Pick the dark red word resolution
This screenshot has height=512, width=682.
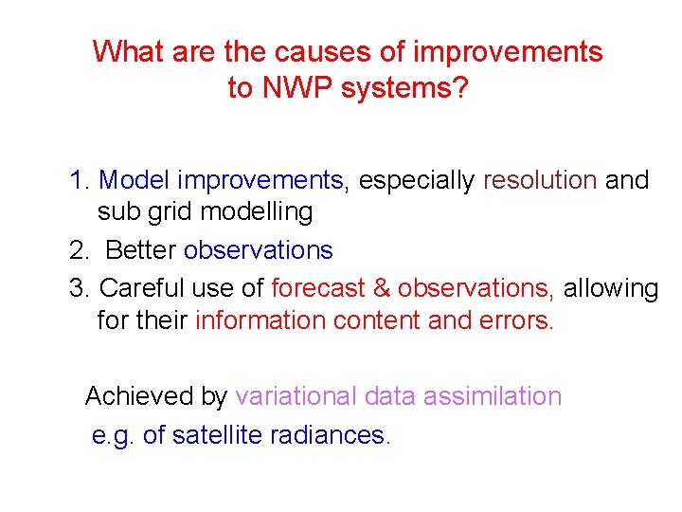point(540,180)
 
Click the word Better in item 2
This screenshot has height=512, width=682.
point(141,250)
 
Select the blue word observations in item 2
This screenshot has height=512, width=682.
point(259,250)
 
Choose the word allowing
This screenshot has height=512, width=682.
point(611,287)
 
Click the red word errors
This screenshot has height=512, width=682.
point(519,320)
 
